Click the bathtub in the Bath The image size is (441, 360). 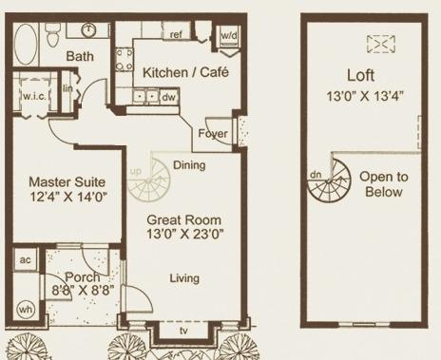click(x=26, y=44)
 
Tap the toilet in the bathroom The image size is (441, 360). click(x=52, y=34)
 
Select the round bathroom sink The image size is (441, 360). click(x=88, y=30)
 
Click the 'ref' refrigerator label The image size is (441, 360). click(x=176, y=34)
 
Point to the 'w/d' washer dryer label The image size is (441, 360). click(x=229, y=35)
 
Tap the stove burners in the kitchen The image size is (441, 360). click(x=124, y=60)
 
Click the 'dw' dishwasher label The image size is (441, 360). click(x=168, y=97)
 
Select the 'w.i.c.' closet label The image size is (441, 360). click(x=34, y=96)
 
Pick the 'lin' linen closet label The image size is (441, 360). click(x=67, y=88)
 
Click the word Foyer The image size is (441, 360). click(x=213, y=133)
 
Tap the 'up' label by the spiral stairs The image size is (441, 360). click(x=136, y=172)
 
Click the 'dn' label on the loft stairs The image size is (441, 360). click(x=316, y=174)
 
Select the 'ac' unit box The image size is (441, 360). click(x=26, y=259)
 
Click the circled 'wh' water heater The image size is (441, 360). click(x=26, y=309)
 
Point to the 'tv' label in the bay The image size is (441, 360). click(x=183, y=331)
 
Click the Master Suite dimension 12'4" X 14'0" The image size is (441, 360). click(x=68, y=197)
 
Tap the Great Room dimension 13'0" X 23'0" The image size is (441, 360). click(x=184, y=235)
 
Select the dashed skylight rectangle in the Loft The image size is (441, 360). click(x=381, y=44)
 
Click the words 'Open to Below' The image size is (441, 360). click(x=384, y=184)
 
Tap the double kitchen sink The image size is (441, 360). click(x=145, y=96)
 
